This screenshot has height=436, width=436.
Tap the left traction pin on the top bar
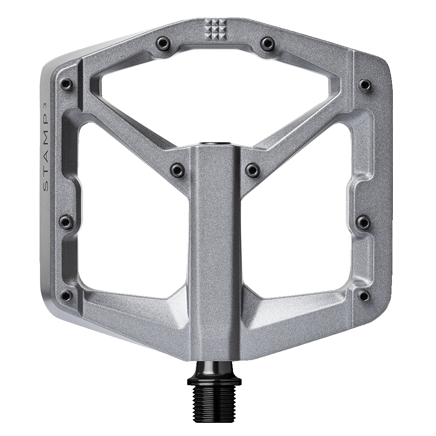[x=162, y=44]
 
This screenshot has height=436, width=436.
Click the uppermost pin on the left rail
[x=67, y=84]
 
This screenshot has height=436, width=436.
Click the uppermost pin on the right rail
[x=365, y=84]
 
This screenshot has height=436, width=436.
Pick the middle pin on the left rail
[x=67, y=222]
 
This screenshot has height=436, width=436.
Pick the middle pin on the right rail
[x=363, y=222]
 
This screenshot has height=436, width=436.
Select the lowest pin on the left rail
[x=66, y=296]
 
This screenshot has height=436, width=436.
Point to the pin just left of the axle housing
[x=178, y=170]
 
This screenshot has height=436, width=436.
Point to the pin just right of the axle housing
[x=252, y=170]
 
